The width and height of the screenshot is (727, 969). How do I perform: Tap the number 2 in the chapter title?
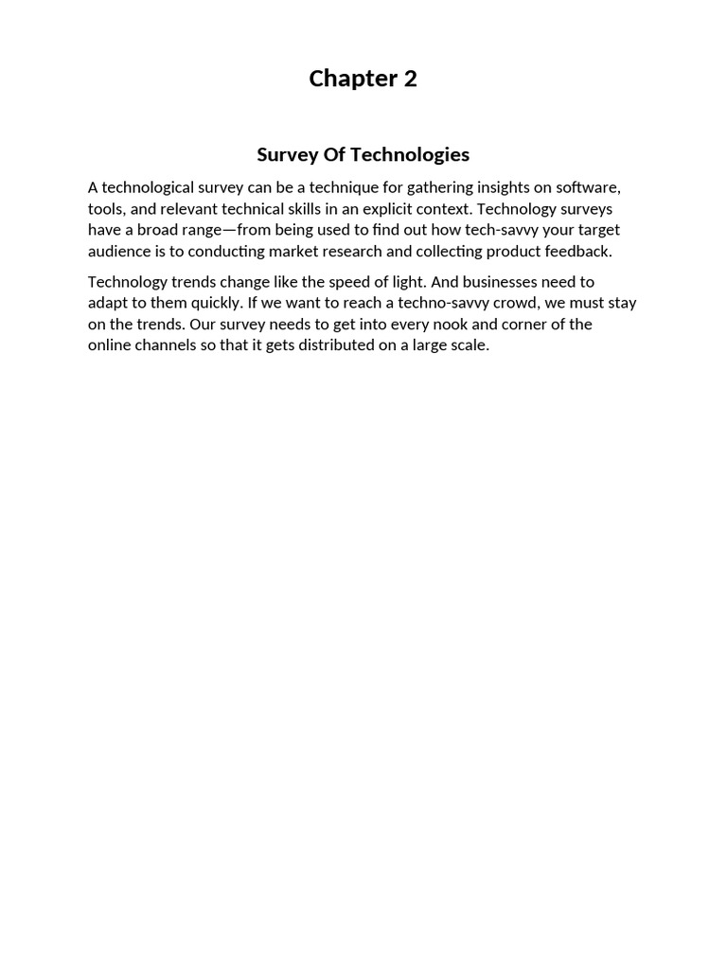click(x=410, y=79)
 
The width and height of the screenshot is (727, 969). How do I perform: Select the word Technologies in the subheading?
click(x=412, y=154)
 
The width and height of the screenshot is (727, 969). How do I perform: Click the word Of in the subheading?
click(x=334, y=154)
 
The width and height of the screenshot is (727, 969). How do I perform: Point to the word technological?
click(x=148, y=187)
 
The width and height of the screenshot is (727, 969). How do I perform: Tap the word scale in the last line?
click(x=470, y=344)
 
